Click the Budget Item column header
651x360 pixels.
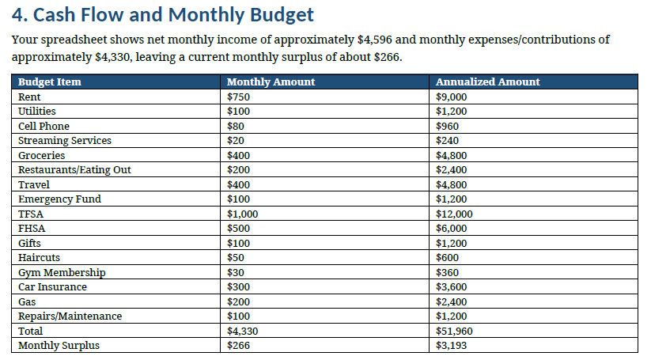pyautogui.click(x=49, y=81)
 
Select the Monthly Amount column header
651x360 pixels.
pyautogui.click(x=271, y=81)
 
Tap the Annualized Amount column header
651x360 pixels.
pyautogui.click(x=488, y=81)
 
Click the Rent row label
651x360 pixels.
pyautogui.click(x=29, y=97)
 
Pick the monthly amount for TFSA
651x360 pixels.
pyautogui.click(x=243, y=214)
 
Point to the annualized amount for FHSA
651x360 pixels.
pyautogui.click(x=452, y=229)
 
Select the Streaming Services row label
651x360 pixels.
pyautogui.click(x=65, y=140)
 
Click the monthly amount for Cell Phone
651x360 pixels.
pyautogui.click(x=236, y=126)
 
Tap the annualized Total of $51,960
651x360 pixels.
pyautogui.click(x=454, y=331)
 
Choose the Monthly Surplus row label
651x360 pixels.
pyautogui.click(x=59, y=346)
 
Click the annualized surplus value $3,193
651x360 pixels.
pyautogui.click(x=452, y=346)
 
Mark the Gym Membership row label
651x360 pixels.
pyautogui.click(x=62, y=272)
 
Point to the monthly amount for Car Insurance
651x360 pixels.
pyautogui.click(x=238, y=287)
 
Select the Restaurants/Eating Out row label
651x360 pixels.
pyautogui.click(x=74, y=170)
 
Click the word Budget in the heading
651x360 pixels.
pyautogui.click(x=282, y=15)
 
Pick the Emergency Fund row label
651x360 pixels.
pyautogui.click(x=59, y=199)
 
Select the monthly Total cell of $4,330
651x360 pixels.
pyautogui.click(x=243, y=331)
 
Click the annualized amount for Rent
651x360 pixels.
pyautogui.click(x=452, y=97)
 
